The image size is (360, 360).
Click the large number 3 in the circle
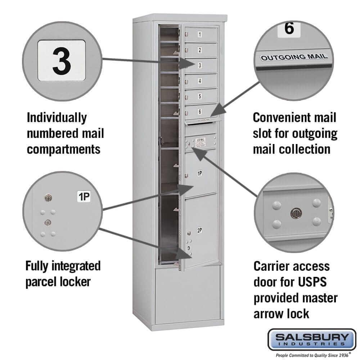coord(62,60)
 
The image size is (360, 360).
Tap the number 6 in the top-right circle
coord(289,29)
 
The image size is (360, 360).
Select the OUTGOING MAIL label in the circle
coord(294,57)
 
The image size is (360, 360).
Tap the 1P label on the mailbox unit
coord(199,174)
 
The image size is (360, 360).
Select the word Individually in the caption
coord(57,117)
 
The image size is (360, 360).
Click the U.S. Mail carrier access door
coord(200,142)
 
